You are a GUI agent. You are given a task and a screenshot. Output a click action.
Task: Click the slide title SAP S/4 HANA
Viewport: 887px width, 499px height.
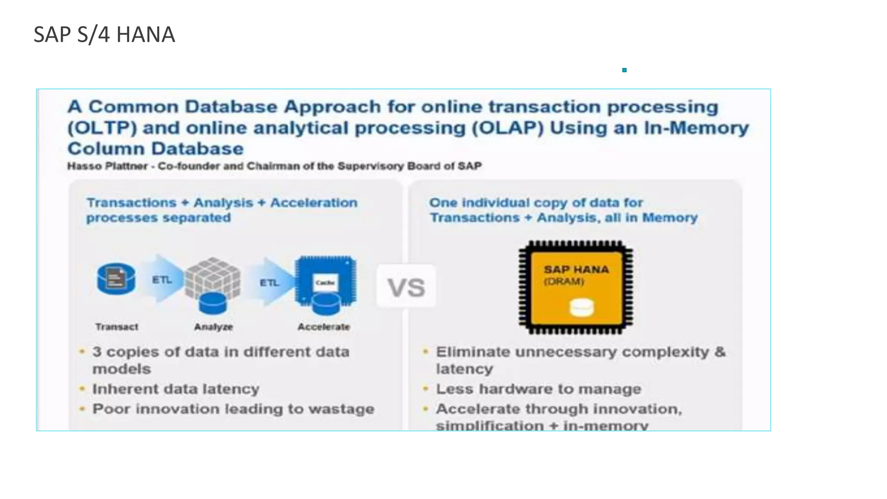104,35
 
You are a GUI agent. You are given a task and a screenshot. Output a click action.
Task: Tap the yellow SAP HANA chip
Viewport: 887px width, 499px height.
576,287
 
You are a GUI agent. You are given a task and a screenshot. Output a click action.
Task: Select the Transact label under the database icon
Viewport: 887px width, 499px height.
117,327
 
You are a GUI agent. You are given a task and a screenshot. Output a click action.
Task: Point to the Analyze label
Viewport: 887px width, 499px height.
214,327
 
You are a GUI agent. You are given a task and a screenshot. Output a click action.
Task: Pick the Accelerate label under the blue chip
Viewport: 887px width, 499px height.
324,327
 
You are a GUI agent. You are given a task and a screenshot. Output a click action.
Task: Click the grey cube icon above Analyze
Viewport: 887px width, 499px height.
213,279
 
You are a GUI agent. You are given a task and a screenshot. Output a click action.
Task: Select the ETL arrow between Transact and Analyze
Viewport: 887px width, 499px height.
161,280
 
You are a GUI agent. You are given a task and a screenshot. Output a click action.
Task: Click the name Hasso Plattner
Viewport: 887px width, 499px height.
107,166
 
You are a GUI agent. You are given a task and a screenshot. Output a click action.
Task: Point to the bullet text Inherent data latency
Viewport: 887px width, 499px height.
176,389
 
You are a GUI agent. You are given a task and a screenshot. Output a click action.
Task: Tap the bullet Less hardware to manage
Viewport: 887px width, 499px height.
538,389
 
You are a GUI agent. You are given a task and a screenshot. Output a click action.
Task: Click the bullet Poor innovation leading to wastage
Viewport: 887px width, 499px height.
233,409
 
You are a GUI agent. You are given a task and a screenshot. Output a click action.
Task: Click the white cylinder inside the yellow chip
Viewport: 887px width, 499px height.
581,308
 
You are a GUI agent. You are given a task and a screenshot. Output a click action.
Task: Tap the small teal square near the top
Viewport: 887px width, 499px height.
624,70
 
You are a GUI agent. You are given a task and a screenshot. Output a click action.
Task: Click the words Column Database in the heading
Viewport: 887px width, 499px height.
155,149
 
